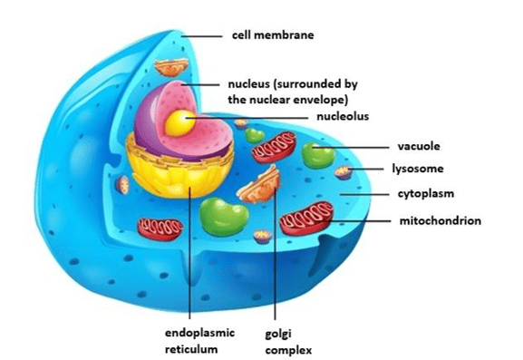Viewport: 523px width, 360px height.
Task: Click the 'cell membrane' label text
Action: coord(273,35)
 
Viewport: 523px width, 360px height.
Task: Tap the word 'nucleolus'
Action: coord(343,116)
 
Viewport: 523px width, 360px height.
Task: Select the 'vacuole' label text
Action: coord(419,146)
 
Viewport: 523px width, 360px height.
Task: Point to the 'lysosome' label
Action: coord(418,169)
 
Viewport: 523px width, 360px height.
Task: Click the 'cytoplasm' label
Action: coord(426,194)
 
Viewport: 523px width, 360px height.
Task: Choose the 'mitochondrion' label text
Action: coord(441,220)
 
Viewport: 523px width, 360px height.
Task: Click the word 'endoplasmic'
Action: coord(199,333)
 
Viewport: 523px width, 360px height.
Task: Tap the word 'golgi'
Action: coord(278,334)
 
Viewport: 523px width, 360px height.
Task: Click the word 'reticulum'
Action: coord(191,349)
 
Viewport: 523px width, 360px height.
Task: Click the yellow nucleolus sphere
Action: coord(180,123)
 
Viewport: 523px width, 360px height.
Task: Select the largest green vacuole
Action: coord(224,217)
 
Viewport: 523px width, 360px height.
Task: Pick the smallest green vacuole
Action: coord(255,135)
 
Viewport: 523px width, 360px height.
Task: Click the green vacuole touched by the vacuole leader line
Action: coord(318,155)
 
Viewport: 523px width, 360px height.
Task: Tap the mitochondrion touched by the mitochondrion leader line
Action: coord(306,219)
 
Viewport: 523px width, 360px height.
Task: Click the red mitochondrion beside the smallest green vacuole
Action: coord(274,147)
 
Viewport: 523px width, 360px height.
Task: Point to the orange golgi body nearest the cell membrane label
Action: coord(171,67)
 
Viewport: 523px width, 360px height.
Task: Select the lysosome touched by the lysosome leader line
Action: coord(344,172)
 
